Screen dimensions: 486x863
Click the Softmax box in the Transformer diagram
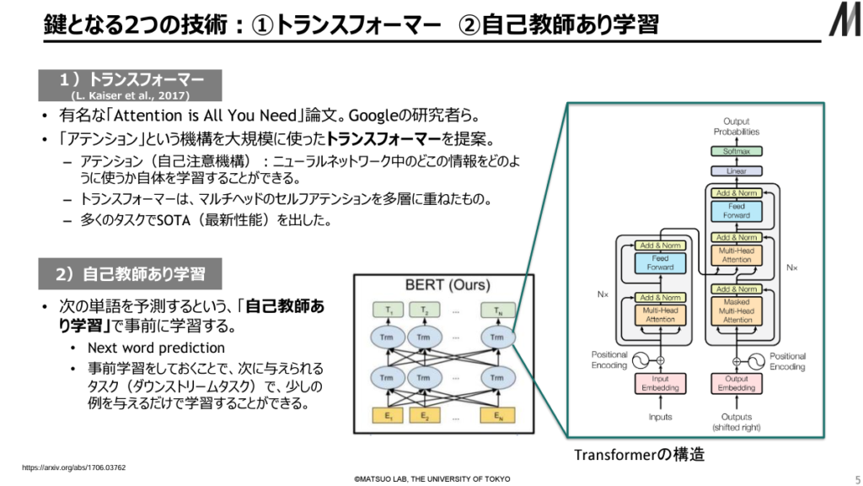(736, 151)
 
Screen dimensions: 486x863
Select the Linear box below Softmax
(736, 170)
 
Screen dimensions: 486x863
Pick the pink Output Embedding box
(737, 384)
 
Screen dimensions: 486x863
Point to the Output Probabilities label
(736, 127)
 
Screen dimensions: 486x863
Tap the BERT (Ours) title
(446, 285)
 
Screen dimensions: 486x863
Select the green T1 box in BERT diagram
(389, 310)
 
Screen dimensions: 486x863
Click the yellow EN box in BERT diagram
(499, 416)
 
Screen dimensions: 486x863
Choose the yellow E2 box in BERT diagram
(426, 416)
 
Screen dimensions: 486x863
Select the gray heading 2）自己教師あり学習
(130, 274)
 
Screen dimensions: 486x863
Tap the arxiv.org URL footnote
(74, 467)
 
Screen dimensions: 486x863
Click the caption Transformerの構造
(639, 455)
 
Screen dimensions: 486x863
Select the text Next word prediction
(156, 348)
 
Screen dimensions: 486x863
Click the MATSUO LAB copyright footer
(431, 478)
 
